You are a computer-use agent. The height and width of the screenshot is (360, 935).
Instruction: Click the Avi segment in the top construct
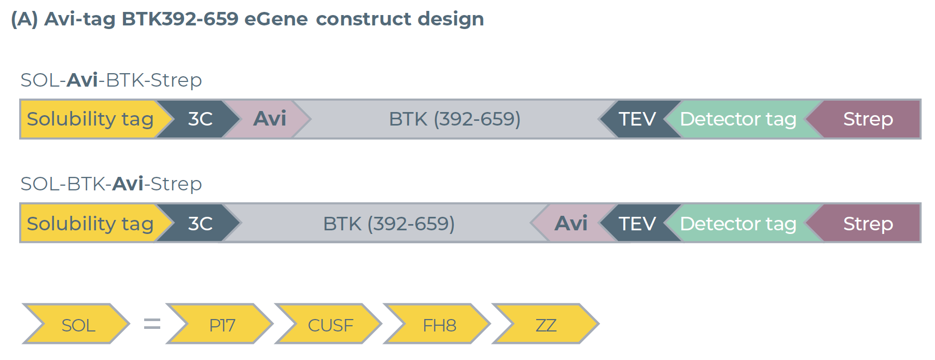(x=269, y=119)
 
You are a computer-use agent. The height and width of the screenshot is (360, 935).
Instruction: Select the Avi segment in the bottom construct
(x=571, y=224)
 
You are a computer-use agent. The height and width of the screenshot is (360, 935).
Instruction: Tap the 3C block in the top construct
(x=200, y=119)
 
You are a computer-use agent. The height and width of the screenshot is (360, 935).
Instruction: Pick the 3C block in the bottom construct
(x=200, y=224)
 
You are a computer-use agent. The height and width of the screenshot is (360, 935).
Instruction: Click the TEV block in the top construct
(x=637, y=119)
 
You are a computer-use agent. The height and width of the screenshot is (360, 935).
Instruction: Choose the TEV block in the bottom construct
(x=637, y=224)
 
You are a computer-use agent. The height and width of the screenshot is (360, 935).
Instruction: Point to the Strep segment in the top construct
(x=868, y=119)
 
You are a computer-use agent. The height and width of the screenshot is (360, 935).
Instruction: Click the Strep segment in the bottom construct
(x=868, y=224)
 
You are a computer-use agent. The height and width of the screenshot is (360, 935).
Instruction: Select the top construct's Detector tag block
(x=738, y=119)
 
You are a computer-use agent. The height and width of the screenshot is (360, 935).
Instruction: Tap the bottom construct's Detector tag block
(x=738, y=224)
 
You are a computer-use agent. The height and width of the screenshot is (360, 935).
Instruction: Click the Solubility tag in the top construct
(x=90, y=119)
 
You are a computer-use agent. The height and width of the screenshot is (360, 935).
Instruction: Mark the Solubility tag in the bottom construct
(x=90, y=224)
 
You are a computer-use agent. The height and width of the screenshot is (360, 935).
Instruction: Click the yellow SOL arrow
(x=78, y=325)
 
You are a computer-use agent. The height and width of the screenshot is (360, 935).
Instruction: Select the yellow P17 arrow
(x=222, y=325)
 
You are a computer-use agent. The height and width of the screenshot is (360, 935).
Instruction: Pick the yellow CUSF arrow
(x=330, y=325)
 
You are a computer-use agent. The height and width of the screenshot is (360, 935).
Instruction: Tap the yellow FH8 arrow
(x=439, y=325)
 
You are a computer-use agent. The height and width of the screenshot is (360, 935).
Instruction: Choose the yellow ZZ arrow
(x=546, y=325)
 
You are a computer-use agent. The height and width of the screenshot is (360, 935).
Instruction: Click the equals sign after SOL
(x=152, y=324)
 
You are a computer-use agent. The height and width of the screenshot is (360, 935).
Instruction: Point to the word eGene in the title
(x=276, y=19)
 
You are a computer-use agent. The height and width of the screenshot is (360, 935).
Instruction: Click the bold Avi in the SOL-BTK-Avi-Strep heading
(x=128, y=184)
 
